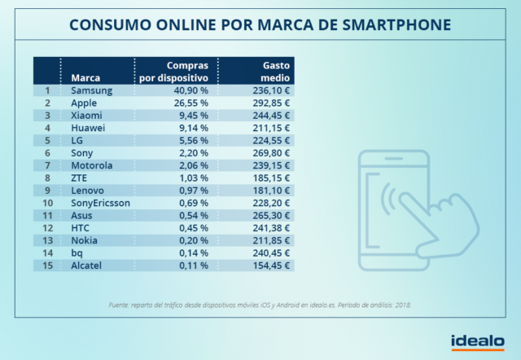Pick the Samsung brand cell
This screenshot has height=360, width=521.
92,90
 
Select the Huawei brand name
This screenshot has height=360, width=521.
89,128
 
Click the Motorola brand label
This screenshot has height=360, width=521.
92,165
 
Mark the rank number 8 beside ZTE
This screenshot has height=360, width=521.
48,178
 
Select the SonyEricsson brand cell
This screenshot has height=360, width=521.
100,203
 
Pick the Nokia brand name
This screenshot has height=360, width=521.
85,240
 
